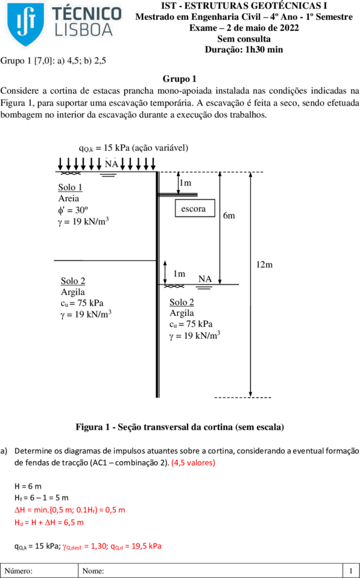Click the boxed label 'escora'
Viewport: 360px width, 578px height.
point(195,209)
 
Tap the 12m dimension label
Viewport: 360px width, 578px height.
point(265,265)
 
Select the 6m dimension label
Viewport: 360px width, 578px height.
point(229,216)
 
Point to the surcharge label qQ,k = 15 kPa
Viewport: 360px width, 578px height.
point(103,148)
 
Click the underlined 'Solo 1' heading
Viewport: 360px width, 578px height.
point(70,187)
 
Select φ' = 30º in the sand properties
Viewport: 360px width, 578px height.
point(73,210)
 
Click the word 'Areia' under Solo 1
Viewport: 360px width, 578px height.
point(69,199)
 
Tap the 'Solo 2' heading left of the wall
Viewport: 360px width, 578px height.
point(73,281)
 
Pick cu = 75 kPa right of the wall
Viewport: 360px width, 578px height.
point(191,324)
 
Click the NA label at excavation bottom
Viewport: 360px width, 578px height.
point(204,279)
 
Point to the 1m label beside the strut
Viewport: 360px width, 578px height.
point(186,183)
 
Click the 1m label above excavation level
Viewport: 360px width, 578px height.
point(179,274)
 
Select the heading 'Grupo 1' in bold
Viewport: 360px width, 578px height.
point(180,79)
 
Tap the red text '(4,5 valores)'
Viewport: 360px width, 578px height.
point(194,463)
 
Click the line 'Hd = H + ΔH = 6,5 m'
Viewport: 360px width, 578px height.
point(49,523)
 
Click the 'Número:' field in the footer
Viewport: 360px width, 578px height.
point(19,571)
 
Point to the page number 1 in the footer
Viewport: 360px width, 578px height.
point(351,571)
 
